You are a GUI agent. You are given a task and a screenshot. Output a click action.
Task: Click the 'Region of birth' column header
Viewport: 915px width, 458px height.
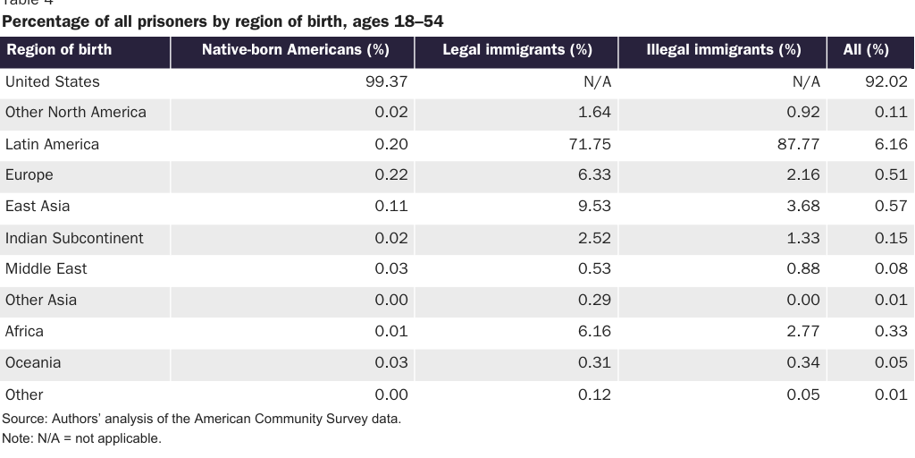(x=59, y=49)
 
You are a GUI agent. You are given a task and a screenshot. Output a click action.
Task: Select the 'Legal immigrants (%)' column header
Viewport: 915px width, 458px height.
(x=517, y=50)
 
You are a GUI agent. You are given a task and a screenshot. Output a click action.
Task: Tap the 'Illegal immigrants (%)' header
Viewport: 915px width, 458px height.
(x=723, y=50)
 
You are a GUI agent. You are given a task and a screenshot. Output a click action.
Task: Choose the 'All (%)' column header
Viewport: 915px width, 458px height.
(x=866, y=50)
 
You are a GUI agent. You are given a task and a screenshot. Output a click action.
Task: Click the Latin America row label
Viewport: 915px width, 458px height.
(x=52, y=144)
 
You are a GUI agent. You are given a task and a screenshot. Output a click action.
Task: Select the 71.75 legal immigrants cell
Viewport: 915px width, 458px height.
(x=590, y=144)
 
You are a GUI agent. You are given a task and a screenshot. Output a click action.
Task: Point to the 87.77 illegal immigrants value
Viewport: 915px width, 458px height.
(x=799, y=144)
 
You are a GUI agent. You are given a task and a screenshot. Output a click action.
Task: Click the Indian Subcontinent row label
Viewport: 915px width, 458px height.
(x=74, y=238)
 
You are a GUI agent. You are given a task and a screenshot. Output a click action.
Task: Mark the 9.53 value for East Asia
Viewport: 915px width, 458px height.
(x=594, y=206)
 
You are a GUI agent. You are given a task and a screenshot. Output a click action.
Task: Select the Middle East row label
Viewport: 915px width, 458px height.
(x=46, y=268)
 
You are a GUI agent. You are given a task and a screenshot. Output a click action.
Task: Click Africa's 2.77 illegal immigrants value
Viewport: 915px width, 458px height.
(x=803, y=331)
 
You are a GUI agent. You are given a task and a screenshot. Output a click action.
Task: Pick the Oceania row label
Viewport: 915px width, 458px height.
(x=33, y=362)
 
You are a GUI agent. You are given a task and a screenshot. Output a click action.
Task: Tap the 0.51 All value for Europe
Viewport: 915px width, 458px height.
(x=891, y=174)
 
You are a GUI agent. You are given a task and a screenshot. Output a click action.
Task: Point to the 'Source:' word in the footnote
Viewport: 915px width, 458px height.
(x=24, y=419)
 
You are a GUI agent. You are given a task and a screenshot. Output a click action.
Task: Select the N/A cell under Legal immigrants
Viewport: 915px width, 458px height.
(x=597, y=81)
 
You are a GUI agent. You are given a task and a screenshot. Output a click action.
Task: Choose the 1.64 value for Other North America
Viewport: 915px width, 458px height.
(x=594, y=112)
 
